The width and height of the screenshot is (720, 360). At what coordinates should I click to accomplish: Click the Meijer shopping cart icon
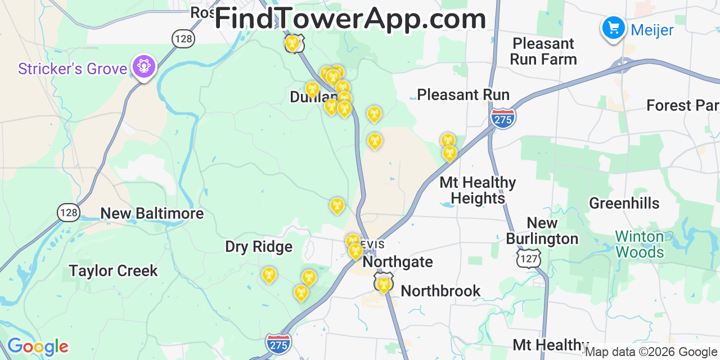pos(613,27)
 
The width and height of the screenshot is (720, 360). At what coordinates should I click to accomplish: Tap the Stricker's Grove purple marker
pos(144,67)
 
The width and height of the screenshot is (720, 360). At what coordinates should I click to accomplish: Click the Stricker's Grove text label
pos(73,69)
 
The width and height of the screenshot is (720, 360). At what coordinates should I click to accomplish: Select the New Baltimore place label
pos(152,214)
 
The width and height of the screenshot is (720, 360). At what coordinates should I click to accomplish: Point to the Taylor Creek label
pos(114,271)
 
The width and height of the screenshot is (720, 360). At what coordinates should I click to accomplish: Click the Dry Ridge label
pos(259,247)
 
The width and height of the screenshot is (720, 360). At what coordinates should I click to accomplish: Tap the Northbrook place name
pos(440,291)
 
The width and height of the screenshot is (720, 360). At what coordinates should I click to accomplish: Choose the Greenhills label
pos(624,204)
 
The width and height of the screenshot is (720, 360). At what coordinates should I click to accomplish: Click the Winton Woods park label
pos(640,244)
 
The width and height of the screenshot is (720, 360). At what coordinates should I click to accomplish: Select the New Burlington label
pos(542,231)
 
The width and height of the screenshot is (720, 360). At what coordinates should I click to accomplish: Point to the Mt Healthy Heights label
pos(478,190)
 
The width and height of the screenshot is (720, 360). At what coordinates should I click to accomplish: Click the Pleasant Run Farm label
pos(543,51)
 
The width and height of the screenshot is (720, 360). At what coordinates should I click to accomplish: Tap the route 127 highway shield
pos(529,258)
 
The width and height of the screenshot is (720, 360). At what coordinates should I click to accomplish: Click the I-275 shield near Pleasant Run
pos(503,118)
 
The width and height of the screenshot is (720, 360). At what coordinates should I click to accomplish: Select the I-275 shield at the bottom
pos(278,343)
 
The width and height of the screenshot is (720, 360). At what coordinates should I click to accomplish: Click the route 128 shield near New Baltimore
pos(68,212)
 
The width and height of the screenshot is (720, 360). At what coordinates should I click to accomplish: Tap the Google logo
pos(37,346)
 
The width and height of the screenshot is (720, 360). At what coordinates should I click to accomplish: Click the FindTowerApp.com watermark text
pos(350,19)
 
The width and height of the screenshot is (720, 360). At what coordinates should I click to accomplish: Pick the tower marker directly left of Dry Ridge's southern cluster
pos(269,275)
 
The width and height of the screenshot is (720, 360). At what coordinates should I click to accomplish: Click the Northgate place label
pos(398,262)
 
